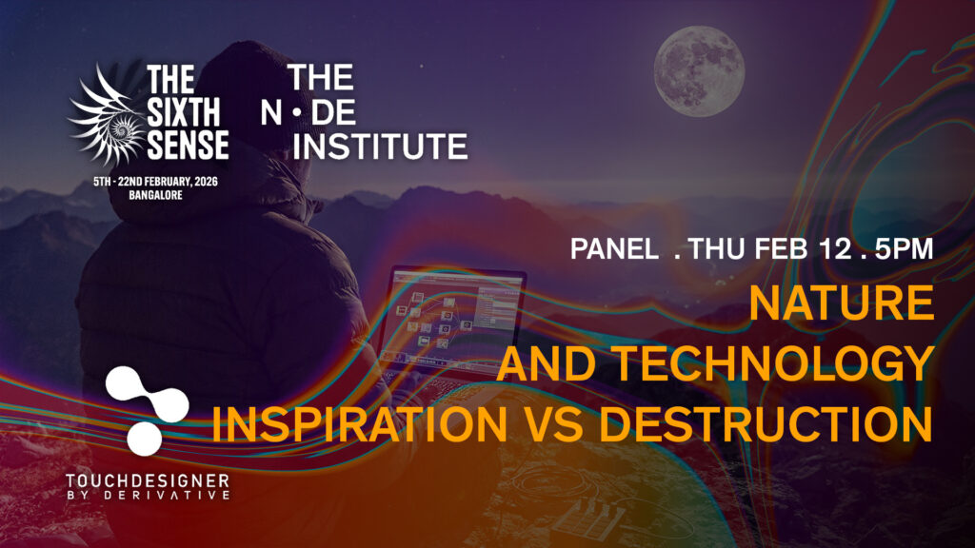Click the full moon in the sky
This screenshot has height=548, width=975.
pos(699,71)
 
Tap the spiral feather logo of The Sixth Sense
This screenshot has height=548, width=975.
pos(106,117)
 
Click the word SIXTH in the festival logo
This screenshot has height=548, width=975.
pos(184,113)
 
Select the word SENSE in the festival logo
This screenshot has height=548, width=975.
pos(189,145)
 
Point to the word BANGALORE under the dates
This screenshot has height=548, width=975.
pos(155,195)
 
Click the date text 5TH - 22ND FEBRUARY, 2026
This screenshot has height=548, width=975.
pos(155,182)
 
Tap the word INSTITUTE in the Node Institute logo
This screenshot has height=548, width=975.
pos(380,147)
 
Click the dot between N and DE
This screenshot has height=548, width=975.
pos(297,112)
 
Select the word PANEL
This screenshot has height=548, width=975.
pos(614,249)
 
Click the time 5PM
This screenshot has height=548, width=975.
pos(905,249)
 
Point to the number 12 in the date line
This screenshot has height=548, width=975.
pos(835,249)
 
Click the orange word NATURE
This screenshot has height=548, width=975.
pos(842,303)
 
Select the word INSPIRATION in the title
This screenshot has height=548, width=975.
pos(360,423)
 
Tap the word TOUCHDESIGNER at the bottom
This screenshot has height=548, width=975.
pos(148,480)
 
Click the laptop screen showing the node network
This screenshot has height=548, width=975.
pos(455,317)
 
